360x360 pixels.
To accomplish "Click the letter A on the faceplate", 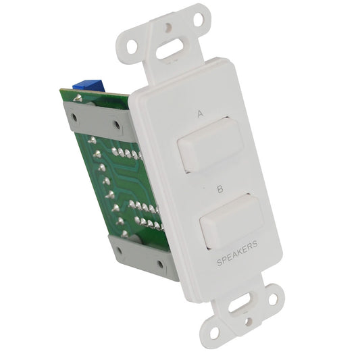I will (x=200, y=115).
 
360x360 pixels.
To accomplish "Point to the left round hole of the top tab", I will (x=132, y=47).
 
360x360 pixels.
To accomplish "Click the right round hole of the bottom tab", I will (x=273, y=297).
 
